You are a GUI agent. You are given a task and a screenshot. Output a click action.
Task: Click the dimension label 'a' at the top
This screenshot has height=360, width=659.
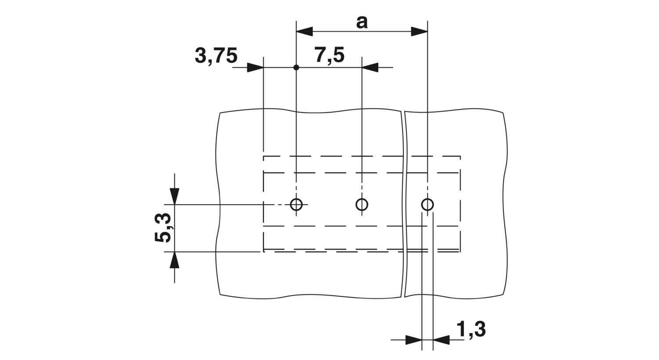pyautogui.click(x=362, y=23)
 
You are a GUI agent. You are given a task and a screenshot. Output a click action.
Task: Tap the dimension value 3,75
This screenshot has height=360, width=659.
pyautogui.click(x=216, y=56)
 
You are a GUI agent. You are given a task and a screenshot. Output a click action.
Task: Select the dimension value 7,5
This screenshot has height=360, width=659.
pyautogui.click(x=329, y=55)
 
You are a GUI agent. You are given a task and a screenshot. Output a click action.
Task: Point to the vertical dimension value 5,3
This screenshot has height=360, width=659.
pyautogui.click(x=163, y=227)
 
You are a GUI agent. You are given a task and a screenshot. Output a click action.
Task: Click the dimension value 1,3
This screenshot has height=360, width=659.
pyautogui.click(x=471, y=329)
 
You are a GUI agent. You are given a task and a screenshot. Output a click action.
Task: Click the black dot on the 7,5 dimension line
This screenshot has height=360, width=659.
pyautogui.click(x=296, y=68)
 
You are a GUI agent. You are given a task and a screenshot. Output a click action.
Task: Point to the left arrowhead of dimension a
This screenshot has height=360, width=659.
pyautogui.click(x=304, y=32)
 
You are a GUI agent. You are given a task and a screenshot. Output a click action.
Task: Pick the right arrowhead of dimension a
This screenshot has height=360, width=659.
pyautogui.click(x=419, y=32)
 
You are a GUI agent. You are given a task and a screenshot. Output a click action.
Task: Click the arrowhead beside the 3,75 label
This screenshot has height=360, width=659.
pyautogui.click(x=255, y=68)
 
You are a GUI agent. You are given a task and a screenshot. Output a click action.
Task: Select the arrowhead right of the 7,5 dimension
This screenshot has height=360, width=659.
pyautogui.click(x=370, y=68)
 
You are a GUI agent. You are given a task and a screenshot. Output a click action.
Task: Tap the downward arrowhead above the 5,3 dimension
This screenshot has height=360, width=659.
pyautogui.click(x=174, y=196)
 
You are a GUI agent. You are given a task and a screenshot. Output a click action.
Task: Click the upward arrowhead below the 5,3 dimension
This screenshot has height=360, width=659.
pyautogui.click(x=174, y=260)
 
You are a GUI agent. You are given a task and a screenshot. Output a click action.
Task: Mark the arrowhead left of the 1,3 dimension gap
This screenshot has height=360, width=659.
pyautogui.click(x=414, y=340)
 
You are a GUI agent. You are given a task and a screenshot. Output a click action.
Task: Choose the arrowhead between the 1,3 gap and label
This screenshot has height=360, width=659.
pyautogui.click(x=441, y=340)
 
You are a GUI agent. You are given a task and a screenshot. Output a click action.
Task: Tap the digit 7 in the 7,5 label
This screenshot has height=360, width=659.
pyautogui.click(x=322, y=55)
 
